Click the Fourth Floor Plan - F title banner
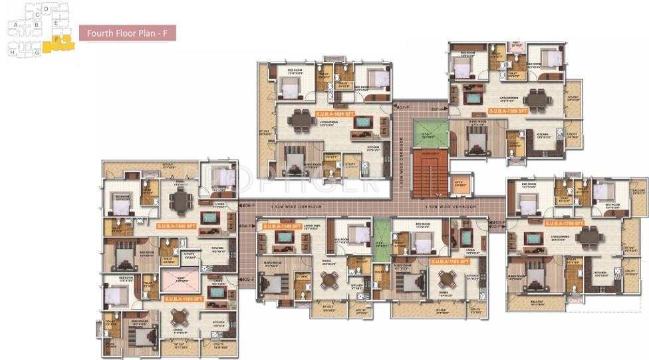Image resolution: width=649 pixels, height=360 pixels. [x=127, y=33]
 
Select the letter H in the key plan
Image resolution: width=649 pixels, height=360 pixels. [x=11, y=51]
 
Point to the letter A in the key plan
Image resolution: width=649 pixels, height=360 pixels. [x=15, y=25]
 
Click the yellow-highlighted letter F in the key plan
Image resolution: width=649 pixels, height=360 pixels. [x=57, y=39]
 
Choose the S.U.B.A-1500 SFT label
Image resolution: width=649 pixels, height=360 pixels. [x=508, y=110]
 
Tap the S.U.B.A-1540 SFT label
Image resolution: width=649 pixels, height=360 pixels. [x=178, y=226]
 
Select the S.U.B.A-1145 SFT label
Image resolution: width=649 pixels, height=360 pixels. [x=283, y=226]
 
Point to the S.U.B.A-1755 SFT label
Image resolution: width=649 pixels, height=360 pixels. [x=564, y=223]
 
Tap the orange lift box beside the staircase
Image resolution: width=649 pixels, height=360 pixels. [x=458, y=184]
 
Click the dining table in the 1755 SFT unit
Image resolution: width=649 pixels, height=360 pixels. [x=588, y=237]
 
